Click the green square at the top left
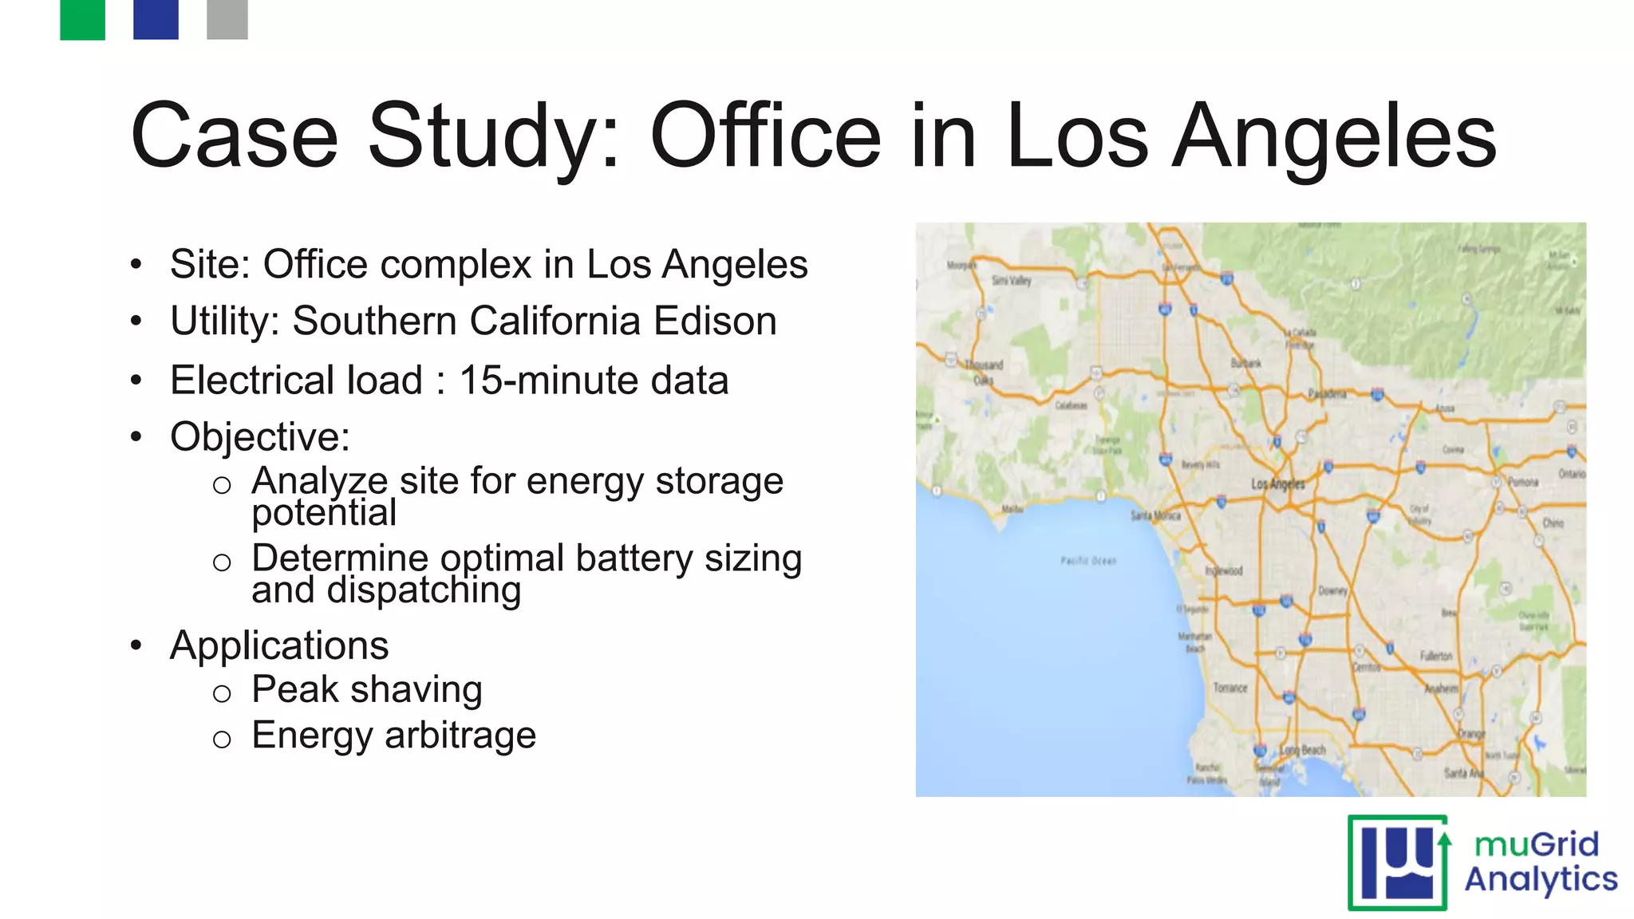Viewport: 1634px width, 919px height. click(82, 19)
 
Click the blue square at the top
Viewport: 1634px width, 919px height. click(156, 19)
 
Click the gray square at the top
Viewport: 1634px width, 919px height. click(227, 19)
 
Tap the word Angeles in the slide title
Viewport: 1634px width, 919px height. click(1334, 137)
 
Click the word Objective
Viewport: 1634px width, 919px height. click(259, 436)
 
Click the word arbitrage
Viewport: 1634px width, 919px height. click(460, 735)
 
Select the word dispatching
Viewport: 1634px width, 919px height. click(424, 590)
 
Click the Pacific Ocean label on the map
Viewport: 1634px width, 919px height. click(1088, 561)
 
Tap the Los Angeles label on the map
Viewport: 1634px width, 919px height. click(1277, 483)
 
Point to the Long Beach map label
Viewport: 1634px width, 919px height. click(1303, 750)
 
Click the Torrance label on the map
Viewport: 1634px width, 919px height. click(1229, 688)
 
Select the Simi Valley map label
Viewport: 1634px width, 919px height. click(1011, 280)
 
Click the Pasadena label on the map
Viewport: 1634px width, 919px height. click(1327, 394)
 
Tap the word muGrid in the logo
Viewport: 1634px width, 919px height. click(1537, 844)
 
